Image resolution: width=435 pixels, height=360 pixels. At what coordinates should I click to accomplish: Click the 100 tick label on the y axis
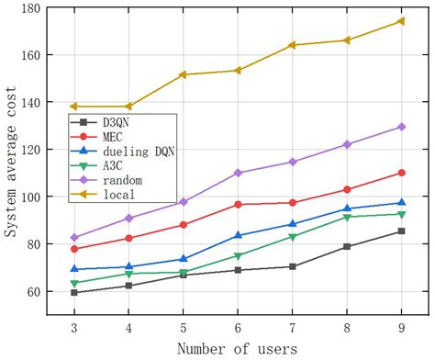coord(30,197)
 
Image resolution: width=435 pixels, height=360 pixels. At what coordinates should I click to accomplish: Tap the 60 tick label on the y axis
coord(33,291)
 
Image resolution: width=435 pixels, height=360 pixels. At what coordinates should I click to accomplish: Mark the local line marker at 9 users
coord(401,21)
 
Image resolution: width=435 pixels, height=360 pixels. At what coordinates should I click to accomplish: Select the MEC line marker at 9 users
coord(401,173)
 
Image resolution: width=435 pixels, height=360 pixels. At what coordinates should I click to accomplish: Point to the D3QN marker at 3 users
coord(73,293)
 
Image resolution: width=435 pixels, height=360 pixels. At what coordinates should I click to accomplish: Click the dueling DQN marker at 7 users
coord(292,224)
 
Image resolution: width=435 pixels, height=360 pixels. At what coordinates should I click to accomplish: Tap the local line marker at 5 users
coord(183,74)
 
